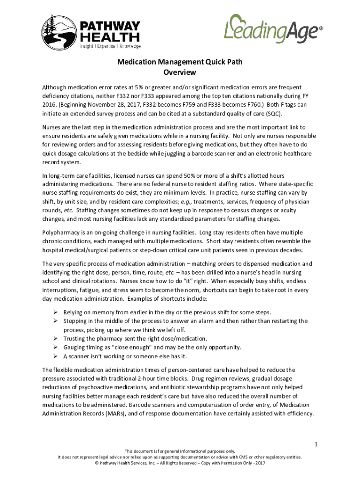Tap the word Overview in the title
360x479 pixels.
[x=180, y=73]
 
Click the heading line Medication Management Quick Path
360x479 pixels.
[x=180, y=62]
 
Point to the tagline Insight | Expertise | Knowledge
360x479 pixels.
[x=110, y=46]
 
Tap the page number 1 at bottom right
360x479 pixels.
[x=316, y=443]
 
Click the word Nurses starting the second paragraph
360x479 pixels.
[x=52, y=127]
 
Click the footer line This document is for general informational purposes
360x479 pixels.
[x=180, y=451]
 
